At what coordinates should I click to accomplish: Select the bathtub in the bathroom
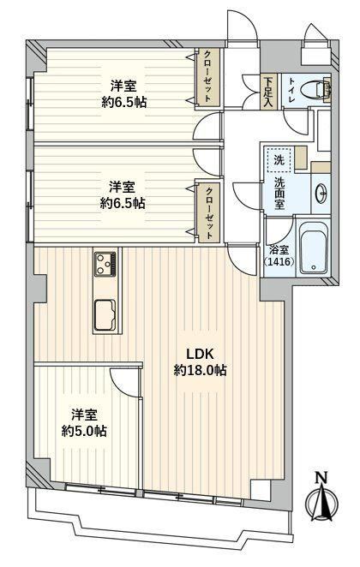[314, 248]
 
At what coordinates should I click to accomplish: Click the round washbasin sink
[321, 194]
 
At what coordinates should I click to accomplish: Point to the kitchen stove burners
[105, 264]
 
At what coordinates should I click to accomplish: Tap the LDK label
[201, 354]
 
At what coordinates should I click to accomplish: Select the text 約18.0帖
[200, 370]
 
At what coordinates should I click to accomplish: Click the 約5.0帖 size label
[84, 431]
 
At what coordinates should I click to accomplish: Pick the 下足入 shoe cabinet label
[268, 92]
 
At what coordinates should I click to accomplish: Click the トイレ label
[291, 89]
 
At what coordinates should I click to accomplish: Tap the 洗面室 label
[279, 193]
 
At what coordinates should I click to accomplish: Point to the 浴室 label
[279, 249]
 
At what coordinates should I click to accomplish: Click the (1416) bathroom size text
[279, 261]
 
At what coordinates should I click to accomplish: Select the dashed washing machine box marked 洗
[279, 160]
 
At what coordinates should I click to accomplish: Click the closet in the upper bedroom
[208, 77]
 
